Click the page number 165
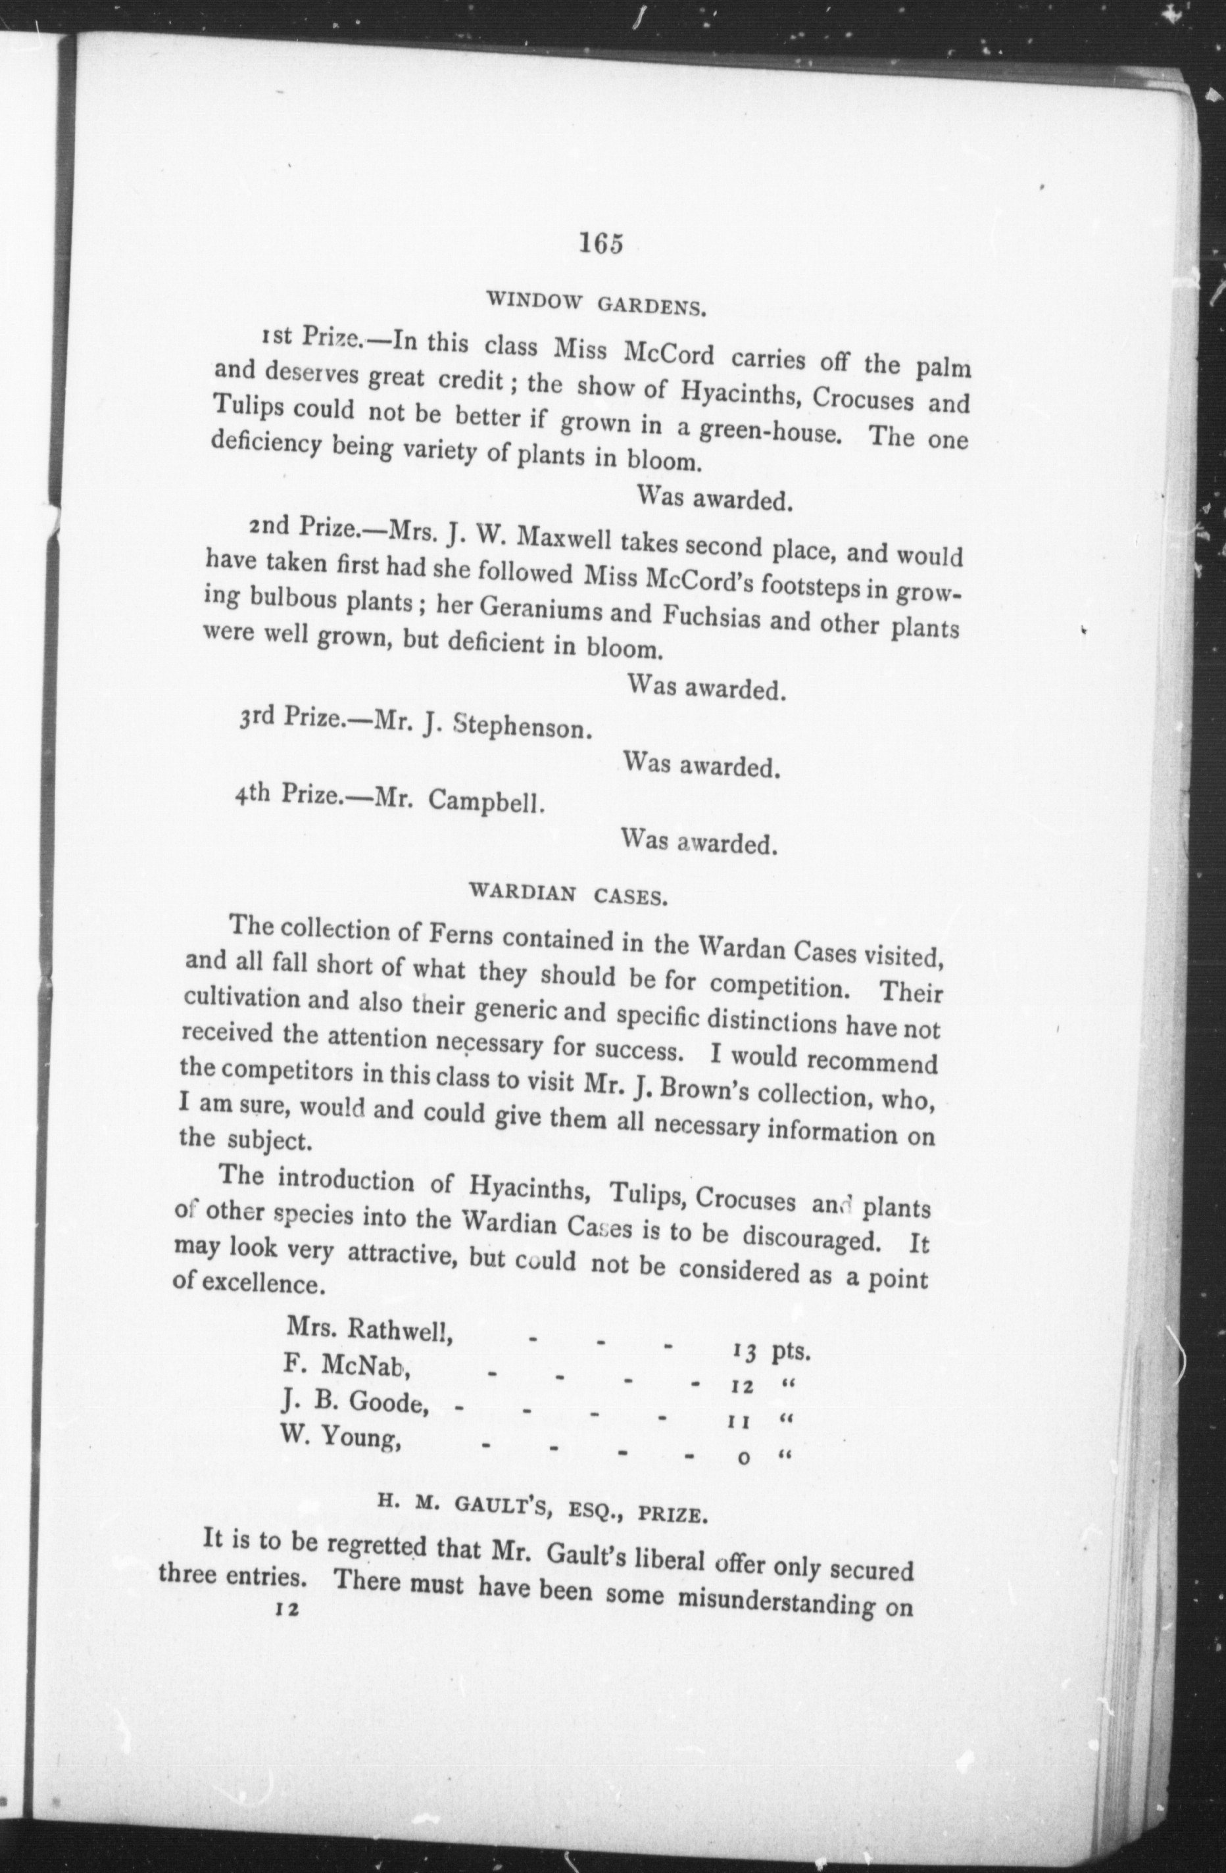tap(601, 243)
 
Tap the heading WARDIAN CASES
tap(568, 894)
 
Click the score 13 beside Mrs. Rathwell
tap(744, 1352)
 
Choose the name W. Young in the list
tap(341, 1437)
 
